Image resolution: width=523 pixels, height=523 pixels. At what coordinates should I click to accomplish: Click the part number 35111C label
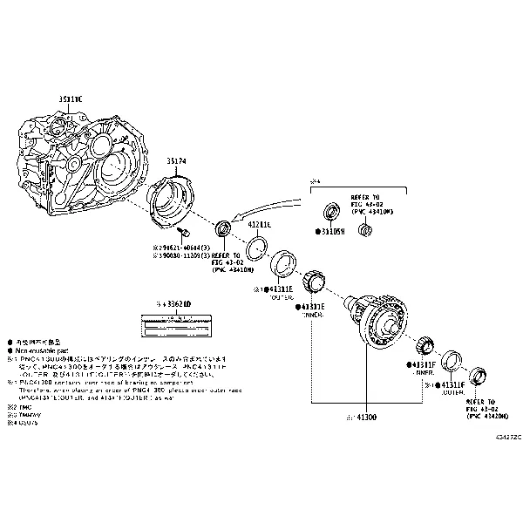point(70,99)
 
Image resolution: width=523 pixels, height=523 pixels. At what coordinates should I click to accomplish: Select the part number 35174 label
point(178,161)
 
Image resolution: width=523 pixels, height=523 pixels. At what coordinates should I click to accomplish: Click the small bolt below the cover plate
point(185,234)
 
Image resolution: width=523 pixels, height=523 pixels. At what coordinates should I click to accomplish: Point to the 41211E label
point(261,226)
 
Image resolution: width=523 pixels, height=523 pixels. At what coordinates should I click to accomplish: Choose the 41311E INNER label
point(312,307)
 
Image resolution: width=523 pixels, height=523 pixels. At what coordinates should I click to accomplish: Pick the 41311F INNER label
point(424,364)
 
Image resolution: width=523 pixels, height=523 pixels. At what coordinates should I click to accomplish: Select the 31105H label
point(332,232)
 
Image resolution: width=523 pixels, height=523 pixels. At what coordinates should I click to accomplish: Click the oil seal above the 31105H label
point(332,212)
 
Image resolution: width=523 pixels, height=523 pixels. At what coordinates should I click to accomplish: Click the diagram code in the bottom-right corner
point(508,437)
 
